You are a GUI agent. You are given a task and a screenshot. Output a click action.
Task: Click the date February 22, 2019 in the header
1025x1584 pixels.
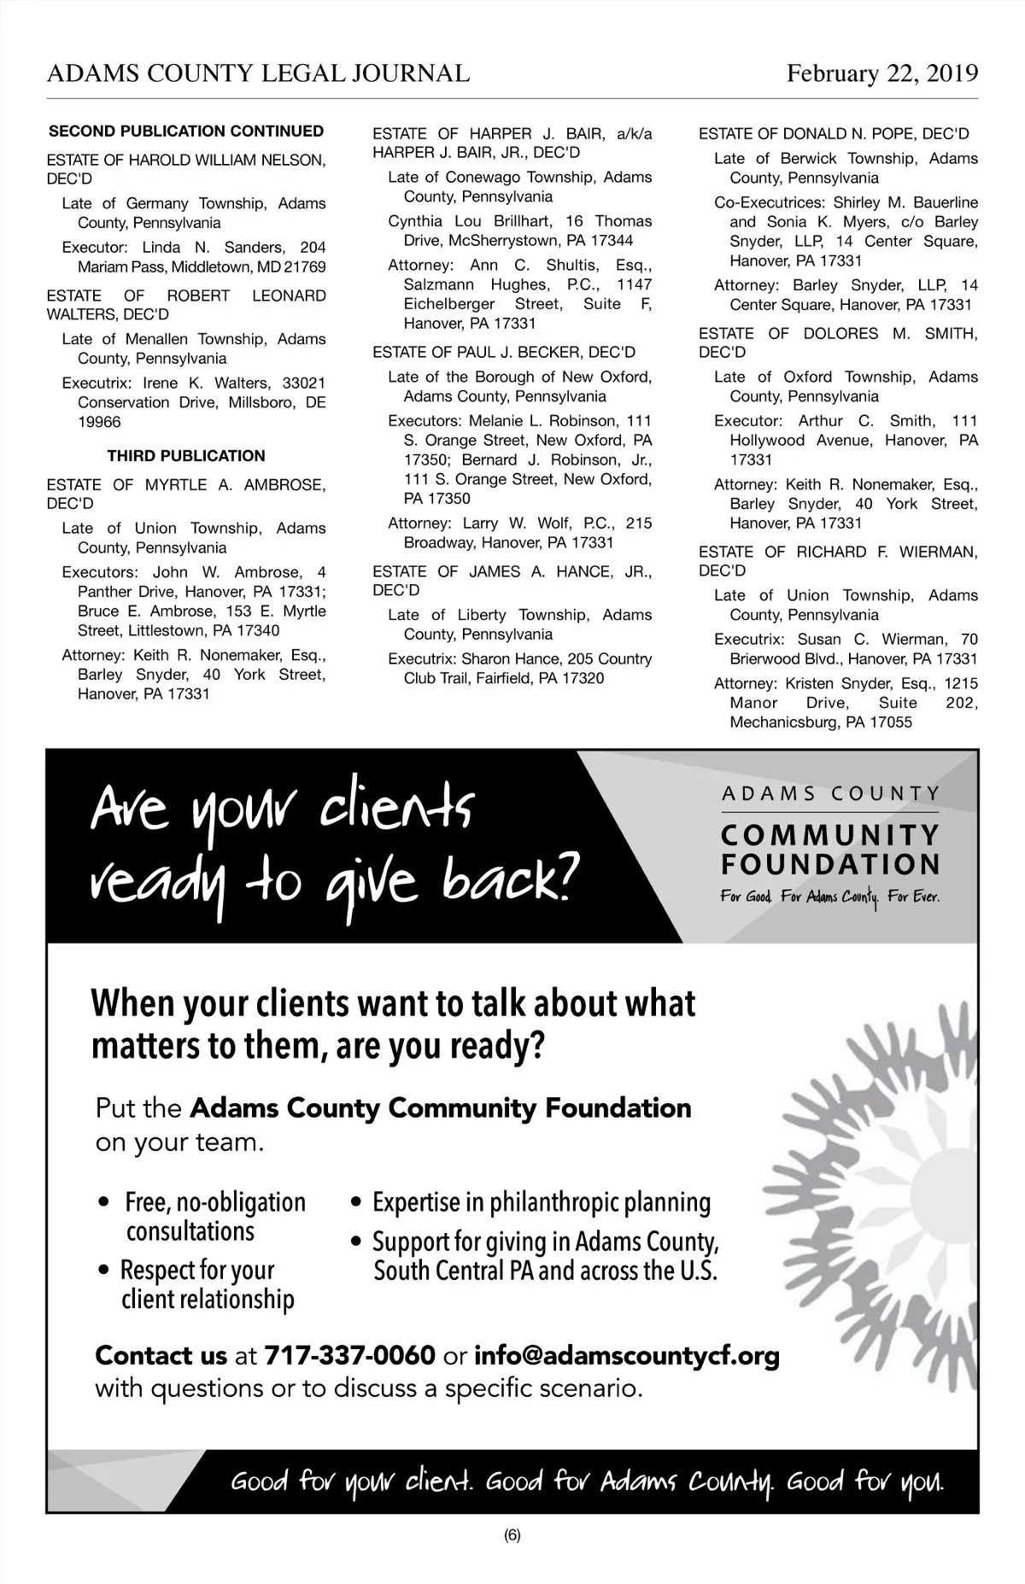point(881,73)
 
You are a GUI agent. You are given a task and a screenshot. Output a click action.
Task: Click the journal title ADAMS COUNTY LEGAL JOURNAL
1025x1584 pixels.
point(258,73)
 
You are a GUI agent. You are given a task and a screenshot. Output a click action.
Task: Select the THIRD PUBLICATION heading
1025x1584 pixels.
point(186,456)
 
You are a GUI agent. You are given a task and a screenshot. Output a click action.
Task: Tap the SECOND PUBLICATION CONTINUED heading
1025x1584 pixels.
point(186,132)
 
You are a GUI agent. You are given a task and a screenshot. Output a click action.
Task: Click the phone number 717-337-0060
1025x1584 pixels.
point(349,1355)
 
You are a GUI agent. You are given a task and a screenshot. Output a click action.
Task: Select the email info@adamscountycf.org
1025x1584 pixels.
point(626,1355)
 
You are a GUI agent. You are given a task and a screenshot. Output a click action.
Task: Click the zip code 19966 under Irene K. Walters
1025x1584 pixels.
point(99,422)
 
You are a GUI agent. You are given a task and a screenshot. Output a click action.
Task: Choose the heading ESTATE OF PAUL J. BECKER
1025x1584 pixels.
point(504,353)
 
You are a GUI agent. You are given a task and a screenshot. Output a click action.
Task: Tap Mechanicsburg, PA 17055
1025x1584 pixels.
point(820,722)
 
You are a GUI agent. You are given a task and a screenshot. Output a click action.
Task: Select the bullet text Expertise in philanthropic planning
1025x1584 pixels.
point(542,1202)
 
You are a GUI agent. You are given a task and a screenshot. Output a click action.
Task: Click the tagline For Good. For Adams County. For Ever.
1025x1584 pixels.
point(829,897)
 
